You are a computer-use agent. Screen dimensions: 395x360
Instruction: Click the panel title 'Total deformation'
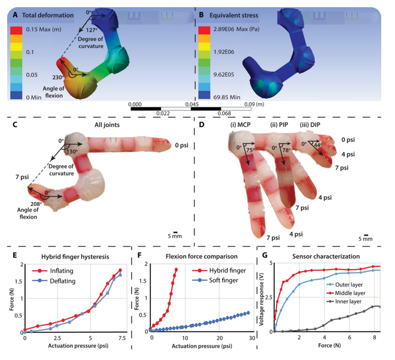tap(48, 16)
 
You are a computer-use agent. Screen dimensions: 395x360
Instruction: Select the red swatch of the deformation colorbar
tap(16, 31)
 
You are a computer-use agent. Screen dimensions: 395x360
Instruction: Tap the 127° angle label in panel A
tap(92, 31)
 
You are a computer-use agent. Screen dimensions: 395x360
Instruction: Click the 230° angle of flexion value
tap(58, 77)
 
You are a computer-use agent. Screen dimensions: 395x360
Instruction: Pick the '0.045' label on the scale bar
tap(192, 104)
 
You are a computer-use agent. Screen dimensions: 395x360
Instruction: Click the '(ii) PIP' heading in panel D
tap(279, 125)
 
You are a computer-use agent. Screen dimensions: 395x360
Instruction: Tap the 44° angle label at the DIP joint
tap(318, 145)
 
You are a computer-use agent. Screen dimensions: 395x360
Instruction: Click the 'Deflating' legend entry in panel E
tap(62, 281)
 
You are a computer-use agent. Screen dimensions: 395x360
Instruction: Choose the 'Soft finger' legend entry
tap(223, 280)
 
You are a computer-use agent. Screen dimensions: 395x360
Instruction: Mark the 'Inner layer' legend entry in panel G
tap(348, 301)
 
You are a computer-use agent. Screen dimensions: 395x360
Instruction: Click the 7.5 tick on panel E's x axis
tap(122, 338)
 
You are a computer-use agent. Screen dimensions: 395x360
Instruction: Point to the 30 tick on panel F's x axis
tap(252, 338)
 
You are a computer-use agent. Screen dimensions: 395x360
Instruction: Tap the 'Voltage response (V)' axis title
tap(261, 297)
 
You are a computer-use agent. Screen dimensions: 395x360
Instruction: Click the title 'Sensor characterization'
tap(326, 256)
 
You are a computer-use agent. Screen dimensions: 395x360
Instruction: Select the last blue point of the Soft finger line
tap(248, 313)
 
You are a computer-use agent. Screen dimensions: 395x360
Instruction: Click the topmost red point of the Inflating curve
tap(120, 270)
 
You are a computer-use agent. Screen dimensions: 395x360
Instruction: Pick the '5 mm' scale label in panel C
tap(175, 236)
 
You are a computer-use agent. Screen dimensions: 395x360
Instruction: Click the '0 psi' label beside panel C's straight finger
tap(181, 146)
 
